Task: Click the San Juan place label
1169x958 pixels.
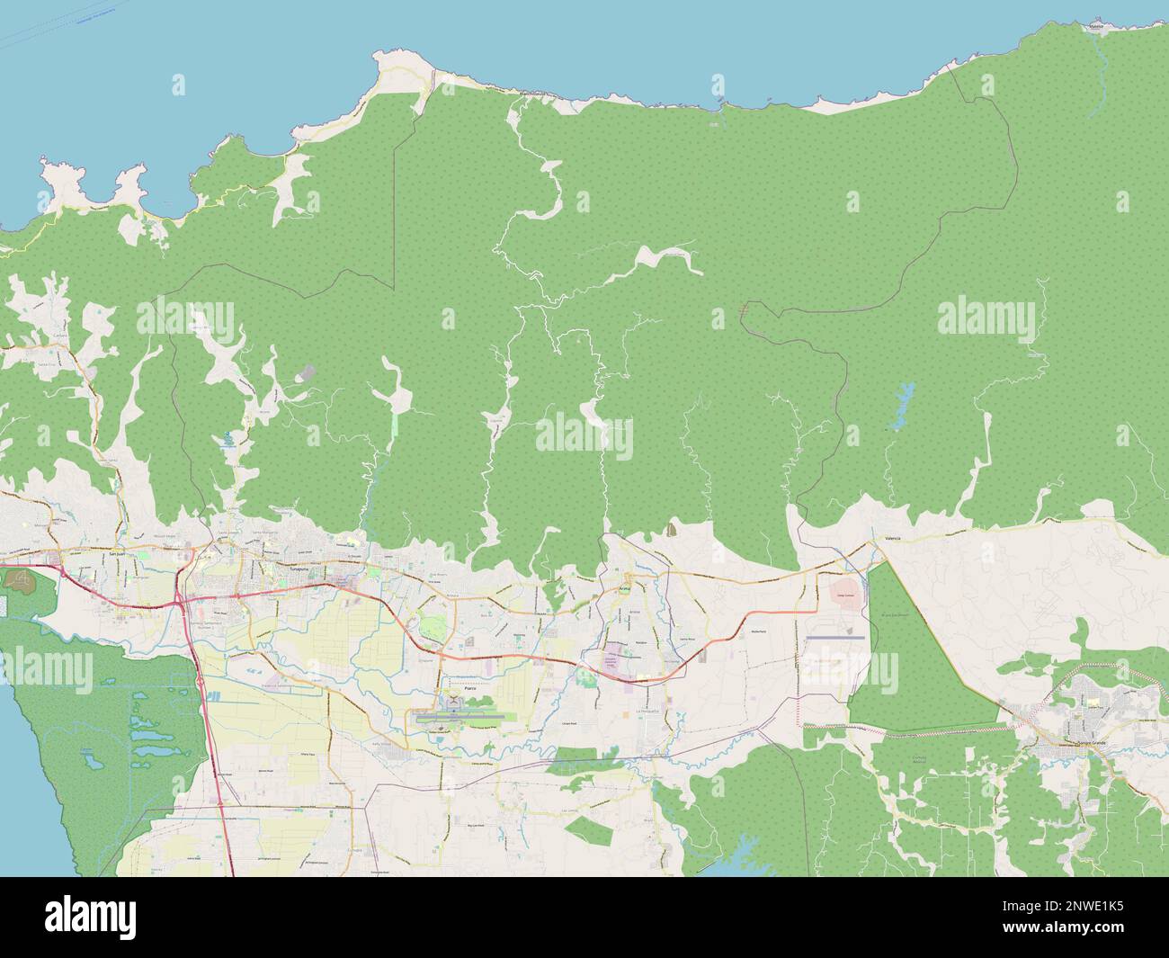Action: coord(114,556)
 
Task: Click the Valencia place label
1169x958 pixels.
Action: coord(892,538)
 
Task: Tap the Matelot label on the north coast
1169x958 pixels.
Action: coord(1095,28)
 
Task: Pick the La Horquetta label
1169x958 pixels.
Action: coord(648,711)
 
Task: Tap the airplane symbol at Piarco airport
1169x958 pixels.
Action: coord(456,701)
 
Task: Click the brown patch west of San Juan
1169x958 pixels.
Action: coord(18,581)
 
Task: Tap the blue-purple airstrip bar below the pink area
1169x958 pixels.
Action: coord(835,638)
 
